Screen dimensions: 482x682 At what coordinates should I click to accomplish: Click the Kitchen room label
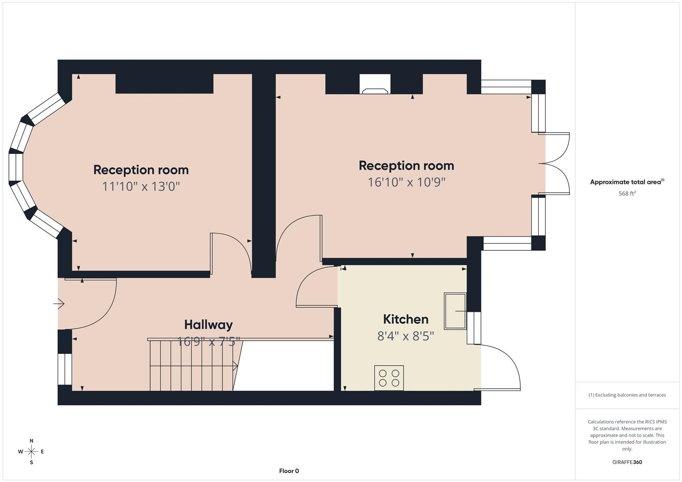(x=406, y=319)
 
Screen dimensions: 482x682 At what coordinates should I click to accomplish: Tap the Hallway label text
(x=208, y=324)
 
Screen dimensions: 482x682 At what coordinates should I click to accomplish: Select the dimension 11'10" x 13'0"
(x=141, y=186)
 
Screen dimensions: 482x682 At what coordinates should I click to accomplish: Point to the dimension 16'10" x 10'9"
(x=406, y=182)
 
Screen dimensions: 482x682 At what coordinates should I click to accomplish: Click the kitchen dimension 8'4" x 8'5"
(x=406, y=336)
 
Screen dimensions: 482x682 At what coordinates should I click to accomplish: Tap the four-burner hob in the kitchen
(x=389, y=378)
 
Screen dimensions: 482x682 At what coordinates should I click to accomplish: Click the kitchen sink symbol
(x=455, y=311)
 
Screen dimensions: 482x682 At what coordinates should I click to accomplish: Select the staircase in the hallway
(x=192, y=365)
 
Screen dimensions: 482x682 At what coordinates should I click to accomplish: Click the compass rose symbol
(x=31, y=451)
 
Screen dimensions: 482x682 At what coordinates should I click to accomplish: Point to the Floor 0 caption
(x=289, y=471)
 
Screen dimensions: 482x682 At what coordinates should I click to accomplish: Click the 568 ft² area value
(x=627, y=194)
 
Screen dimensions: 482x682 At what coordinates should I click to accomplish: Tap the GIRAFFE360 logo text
(x=627, y=462)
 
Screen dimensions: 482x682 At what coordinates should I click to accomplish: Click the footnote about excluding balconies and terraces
(x=627, y=395)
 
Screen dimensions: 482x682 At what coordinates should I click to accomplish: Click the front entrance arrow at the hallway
(x=59, y=304)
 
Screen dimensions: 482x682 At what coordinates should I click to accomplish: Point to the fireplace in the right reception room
(x=375, y=85)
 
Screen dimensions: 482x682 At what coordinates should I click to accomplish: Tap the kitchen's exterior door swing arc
(x=505, y=364)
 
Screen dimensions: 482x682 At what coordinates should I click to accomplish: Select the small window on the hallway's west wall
(x=65, y=369)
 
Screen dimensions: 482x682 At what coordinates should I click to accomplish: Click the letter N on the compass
(x=31, y=441)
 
